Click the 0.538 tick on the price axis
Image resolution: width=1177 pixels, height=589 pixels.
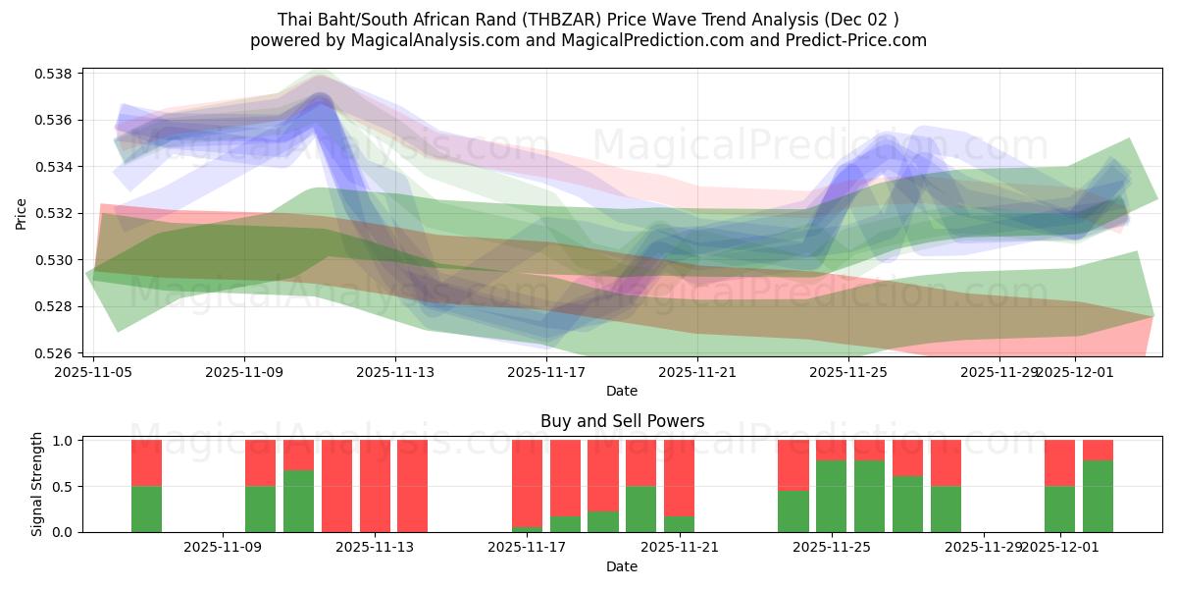coord(56,74)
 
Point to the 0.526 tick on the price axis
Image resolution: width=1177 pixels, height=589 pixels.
coord(56,353)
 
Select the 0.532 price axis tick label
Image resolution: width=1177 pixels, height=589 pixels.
coord(56,213)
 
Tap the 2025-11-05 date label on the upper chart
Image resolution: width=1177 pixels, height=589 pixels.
coord(94,373)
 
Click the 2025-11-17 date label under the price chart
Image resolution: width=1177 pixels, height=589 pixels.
coord(546,373)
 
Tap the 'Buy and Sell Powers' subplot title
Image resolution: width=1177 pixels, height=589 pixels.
coord(622,421)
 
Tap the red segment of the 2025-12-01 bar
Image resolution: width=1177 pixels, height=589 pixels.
coord(1059,462)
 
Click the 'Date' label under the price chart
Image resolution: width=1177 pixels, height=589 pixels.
coord(622,391)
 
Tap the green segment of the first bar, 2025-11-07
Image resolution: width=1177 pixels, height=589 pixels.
coord(146,509)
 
